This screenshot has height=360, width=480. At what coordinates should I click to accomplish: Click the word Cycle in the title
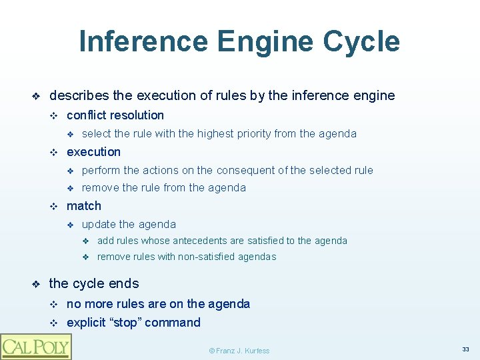click(361, 41)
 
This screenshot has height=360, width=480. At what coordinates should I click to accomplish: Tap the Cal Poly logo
click(35, 347)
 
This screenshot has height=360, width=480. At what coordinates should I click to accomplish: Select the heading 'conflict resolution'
click(115, 115)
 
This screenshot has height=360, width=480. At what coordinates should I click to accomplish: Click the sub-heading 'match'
click(84, 206)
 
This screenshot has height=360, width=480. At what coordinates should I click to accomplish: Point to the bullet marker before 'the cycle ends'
click(37, 284)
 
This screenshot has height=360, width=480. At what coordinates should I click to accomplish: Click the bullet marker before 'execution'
click(55, 153)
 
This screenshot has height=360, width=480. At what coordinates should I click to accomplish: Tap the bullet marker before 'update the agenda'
click(69, 225)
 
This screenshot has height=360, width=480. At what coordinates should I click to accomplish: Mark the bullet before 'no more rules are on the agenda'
click(55, 305)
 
